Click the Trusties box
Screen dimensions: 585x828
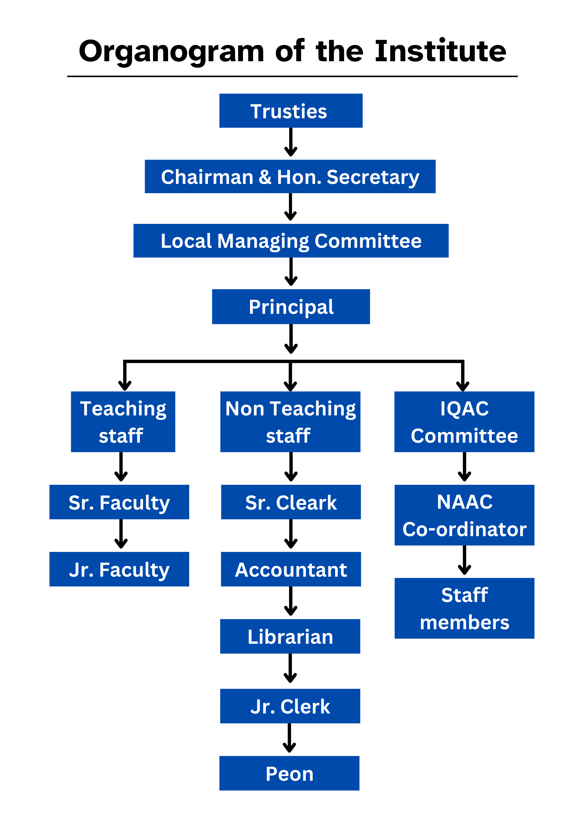click(x=291, y=111)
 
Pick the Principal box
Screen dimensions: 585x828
click(x=291, y=307)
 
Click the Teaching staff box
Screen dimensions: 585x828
click(x=123, y=422)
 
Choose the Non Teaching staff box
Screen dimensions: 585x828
click(x=290, y=422)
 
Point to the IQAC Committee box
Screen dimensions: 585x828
click(x=464, y=422)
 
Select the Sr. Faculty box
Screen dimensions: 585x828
click(x=119, y=502)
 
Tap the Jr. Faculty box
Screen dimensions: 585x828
click(x=119, y=569)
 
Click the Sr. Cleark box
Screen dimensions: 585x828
click(x=291, y=502)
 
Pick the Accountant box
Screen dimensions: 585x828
click(x=291, y=569)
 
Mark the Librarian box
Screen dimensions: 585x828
click(x=290, y=636)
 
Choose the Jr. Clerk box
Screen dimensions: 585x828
click(x=290, y=706)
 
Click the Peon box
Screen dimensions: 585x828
click(x=289, y=773)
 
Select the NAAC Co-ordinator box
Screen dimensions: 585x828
click(x=464, y=515)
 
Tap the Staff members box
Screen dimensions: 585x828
click(x=464, y=608)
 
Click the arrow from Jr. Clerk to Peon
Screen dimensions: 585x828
click(x=289, y=738)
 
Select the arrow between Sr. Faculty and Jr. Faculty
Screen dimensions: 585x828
click(x=121, y=534)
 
